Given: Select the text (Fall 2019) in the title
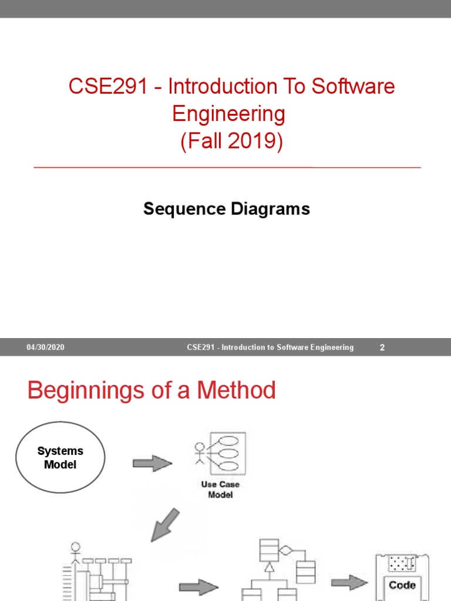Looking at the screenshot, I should pos(231,141).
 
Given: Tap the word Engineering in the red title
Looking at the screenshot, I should pos(228,114).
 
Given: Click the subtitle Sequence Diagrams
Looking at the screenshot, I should pos(227,208).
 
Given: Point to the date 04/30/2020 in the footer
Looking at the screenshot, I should pos(45,347).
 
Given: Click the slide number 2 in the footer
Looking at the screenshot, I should pos(382,347).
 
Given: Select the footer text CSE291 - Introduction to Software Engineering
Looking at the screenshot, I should pos(270,347).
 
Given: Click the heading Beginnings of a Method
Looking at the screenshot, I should pos(152,390).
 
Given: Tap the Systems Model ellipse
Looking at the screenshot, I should pos(60,457).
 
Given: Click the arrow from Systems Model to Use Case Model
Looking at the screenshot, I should pos(152,464).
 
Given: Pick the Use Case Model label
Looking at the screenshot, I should pos(220,489).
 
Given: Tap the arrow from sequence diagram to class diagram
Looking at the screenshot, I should pos(197,586).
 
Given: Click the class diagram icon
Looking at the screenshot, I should pos(279,569).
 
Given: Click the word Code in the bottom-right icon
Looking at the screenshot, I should pos(402,585).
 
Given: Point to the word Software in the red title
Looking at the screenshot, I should pos(353,87).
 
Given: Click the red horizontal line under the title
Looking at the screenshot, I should pos(228,167).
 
